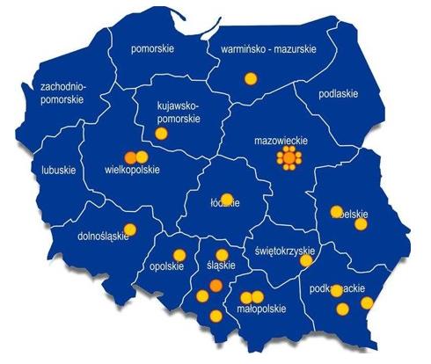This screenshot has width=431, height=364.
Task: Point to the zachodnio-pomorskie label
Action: (x=62, y=93)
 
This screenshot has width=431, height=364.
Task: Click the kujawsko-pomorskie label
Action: (x=178, y=113)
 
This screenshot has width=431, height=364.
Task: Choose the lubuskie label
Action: (x=59, y=170)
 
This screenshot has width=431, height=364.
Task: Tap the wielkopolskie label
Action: (x=131, y=170)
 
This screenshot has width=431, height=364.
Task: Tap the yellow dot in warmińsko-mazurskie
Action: (x=251, y=79)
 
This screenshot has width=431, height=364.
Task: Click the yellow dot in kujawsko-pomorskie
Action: (x=161, y=134)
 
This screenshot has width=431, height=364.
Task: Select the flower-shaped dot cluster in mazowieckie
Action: (x=289, y=159)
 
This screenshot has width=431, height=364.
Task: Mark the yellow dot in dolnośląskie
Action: (x=131, y=229)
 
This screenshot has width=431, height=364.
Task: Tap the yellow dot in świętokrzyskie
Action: (x=305, y=260)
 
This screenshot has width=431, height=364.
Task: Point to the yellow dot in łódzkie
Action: (x=227, y=199)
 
